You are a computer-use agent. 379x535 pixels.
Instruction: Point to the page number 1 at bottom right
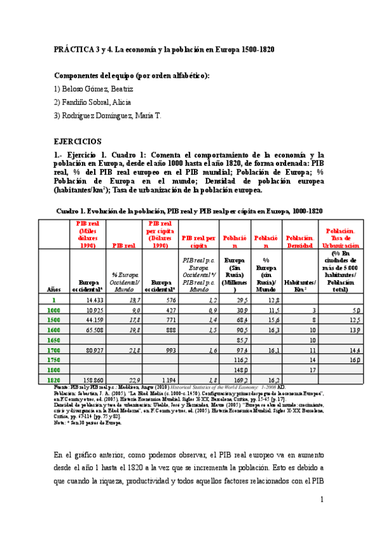pos(322,500)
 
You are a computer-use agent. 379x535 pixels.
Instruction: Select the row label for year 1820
pos(54,379)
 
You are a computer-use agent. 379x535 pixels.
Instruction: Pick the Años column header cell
pos(54,288)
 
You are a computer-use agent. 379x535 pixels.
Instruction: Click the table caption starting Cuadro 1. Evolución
pos(189,211)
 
